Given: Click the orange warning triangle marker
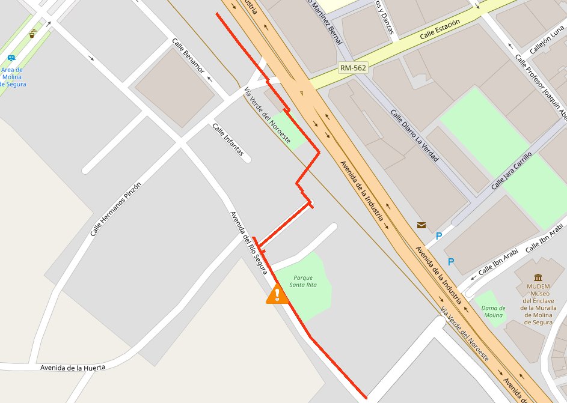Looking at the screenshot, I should [277, 294].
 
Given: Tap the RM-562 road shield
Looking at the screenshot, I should [352, 68].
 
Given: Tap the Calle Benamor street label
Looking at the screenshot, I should [188, 56].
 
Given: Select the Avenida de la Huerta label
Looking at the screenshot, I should [73, 367].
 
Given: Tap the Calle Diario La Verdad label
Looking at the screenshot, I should [414, 136].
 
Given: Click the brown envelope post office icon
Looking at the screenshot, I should [421, 225].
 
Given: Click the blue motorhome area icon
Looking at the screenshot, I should [11, 58].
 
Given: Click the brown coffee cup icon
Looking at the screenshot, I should [32, 34].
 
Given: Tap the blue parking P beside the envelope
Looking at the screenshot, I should [438, 236].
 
